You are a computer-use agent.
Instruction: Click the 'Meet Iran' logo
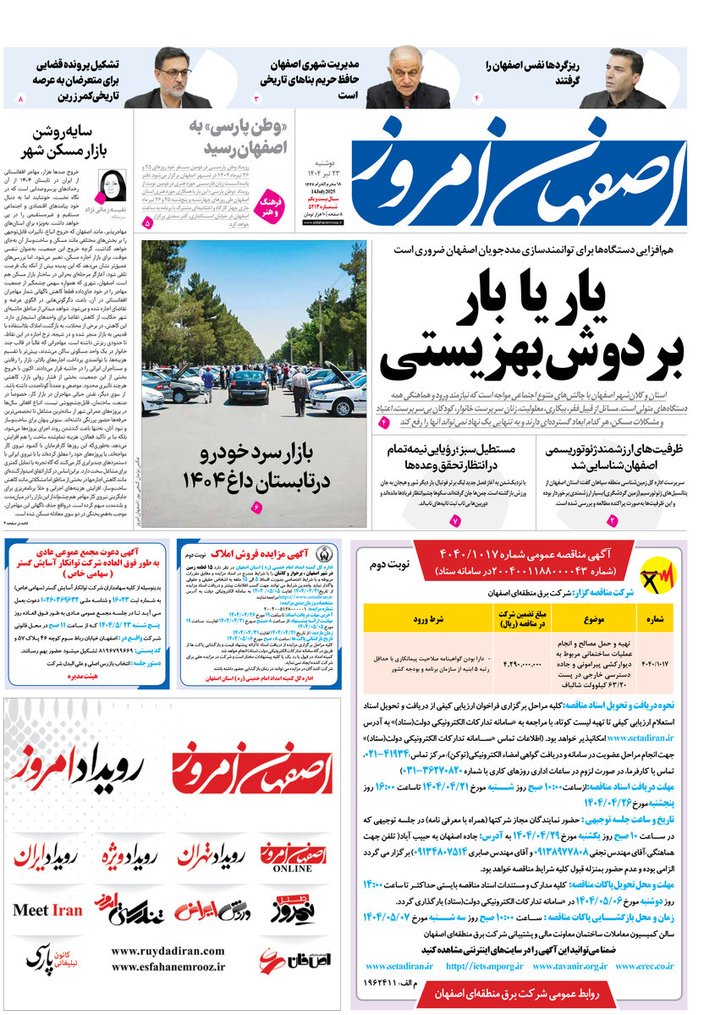pos(48,910)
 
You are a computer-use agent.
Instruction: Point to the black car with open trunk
pos(247,385)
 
